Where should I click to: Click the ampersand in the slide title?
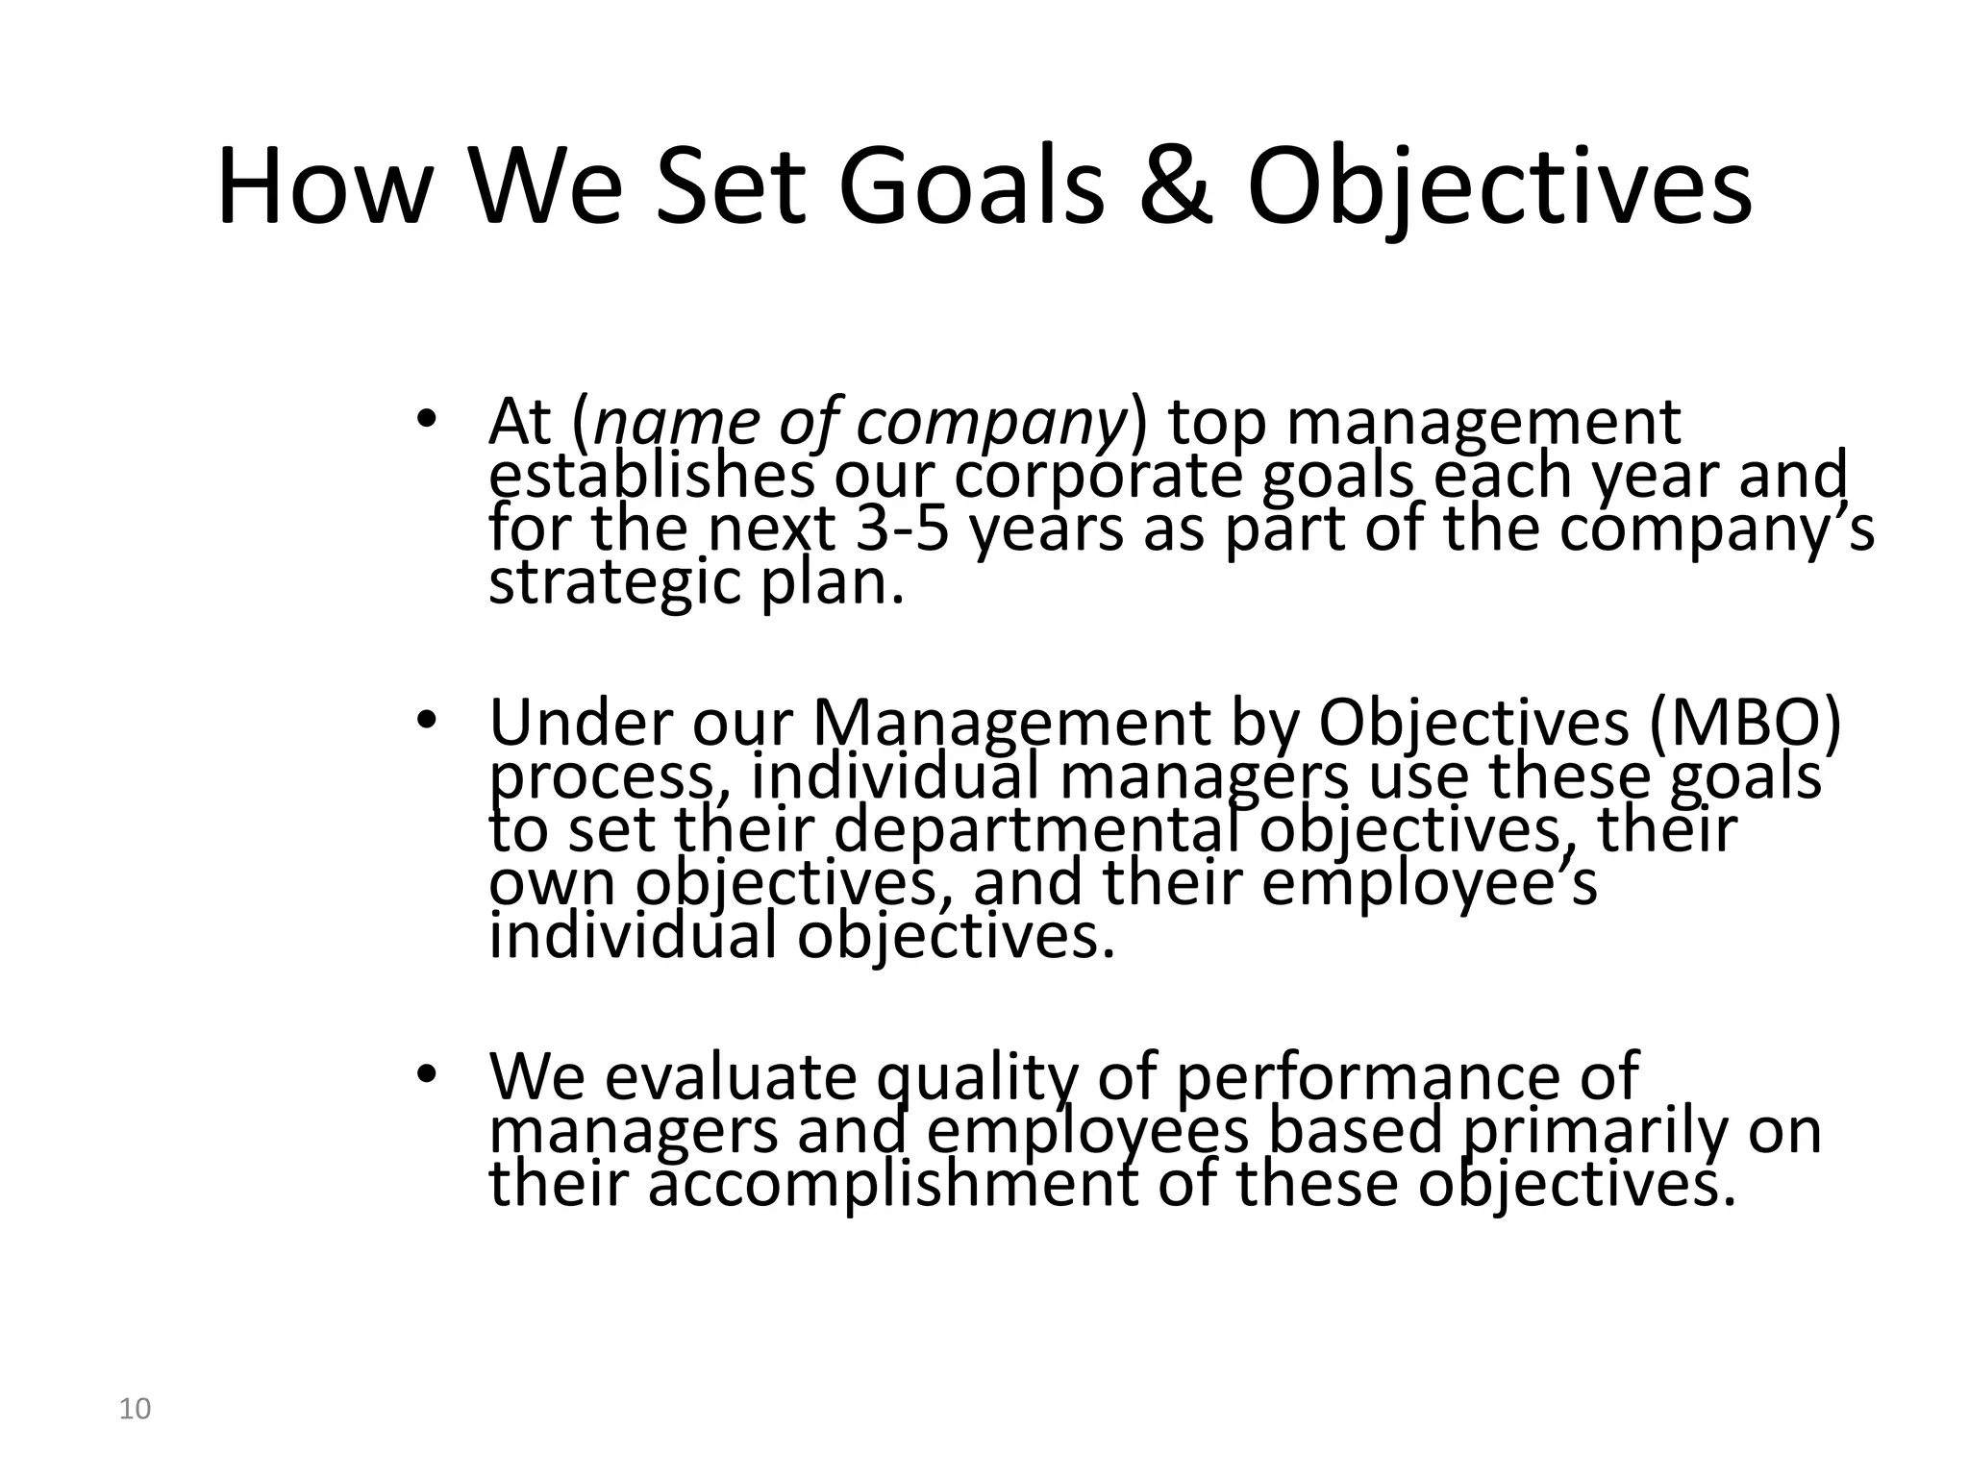point(1176,187)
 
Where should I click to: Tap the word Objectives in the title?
point(1500,187)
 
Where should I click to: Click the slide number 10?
point(135,1410)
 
